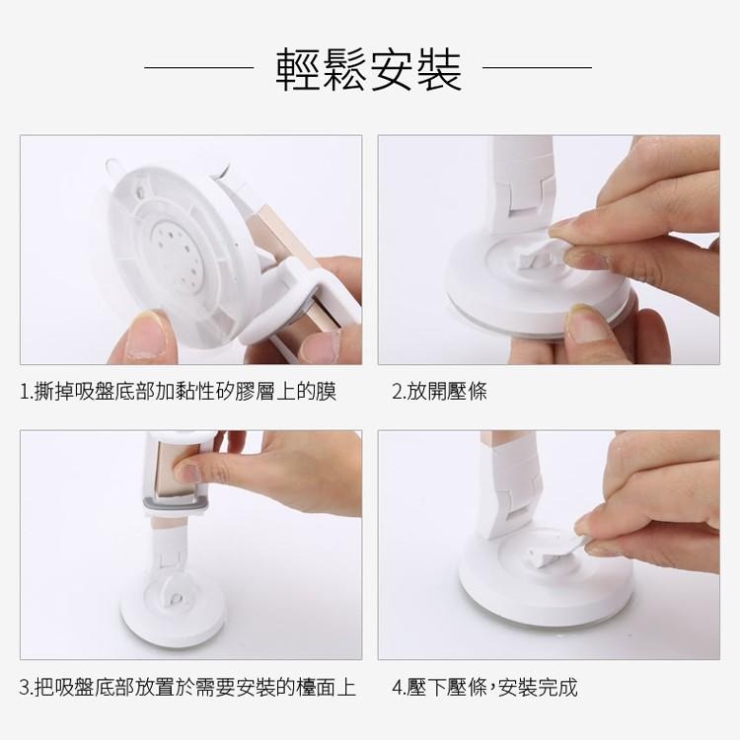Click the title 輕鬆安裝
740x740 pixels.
point(369,69)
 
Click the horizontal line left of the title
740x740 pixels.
point(199,67)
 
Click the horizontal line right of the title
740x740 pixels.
point(537,67)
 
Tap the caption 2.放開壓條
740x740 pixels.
point(439,392)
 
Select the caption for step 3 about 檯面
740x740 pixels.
point(187,687)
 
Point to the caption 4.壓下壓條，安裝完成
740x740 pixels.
point(484,687)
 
